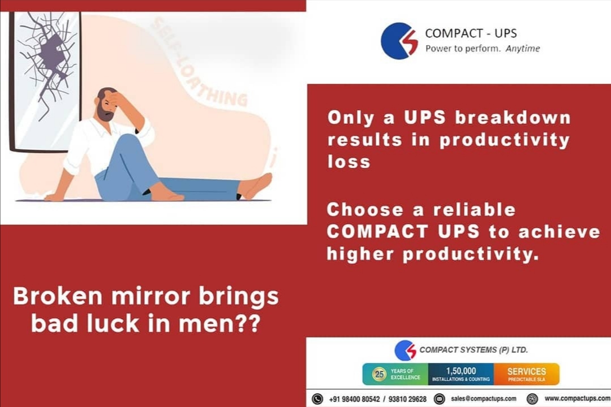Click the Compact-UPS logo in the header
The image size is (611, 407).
pyautogui.click(x=399, y=41)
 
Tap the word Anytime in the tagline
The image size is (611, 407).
pyautogui.click(x=523, y=49)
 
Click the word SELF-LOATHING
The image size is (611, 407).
pyautogui.click(x=198, y=62)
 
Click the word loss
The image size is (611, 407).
pyautogui.click(x=348, y=162)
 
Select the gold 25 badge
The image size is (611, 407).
pyautogui.click(x=379, y=374)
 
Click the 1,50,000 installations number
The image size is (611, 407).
pyautogui.click(x=461, y=371)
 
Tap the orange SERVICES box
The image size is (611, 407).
pyautogui.click(x=526, y=374)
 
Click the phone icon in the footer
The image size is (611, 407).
pyautogui.click(x=317, y=399)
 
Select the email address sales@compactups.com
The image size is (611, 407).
pyautogui.click(x=484, y=399)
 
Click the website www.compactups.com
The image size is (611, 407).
pyautogui.click(x=577, y=399)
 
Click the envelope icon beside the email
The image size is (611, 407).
pyautogui.click(x=439, y=399)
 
